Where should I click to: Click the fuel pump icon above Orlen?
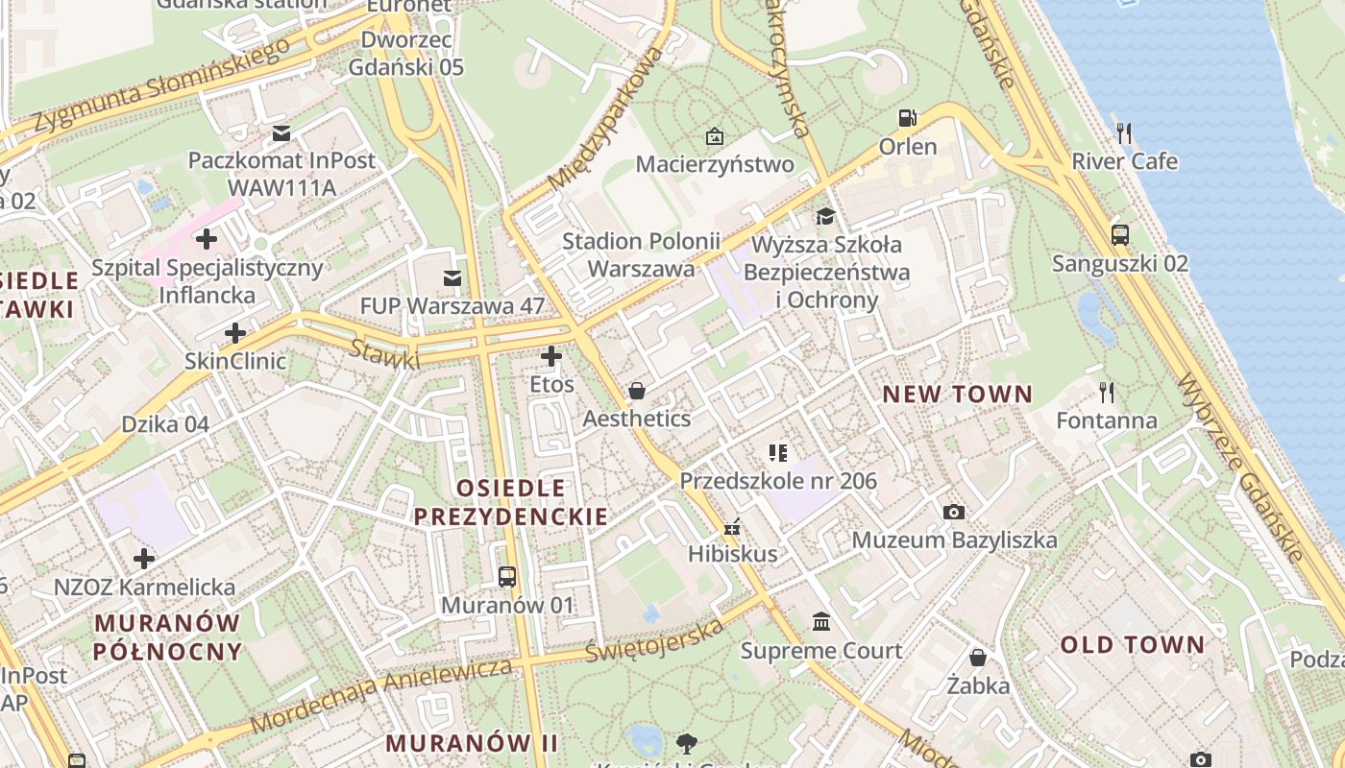coord(907,118)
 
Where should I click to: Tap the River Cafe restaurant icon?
coord(1125,132)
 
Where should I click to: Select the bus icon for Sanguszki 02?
coord(1120,234)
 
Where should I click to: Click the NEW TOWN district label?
coord(957,394)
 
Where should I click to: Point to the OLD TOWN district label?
coord(1132,644)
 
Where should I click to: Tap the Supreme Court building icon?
coord(821,622)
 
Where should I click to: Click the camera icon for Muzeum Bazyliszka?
coord(953,512)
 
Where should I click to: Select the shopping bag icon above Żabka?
coord(978,658)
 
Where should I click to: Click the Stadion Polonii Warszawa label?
coord(641,254)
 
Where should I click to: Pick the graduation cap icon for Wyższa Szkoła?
coord(825,215)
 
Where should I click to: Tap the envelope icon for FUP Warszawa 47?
coord(452,277)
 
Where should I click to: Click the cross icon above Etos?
coord(551,357)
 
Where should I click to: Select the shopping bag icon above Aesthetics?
coord(636,391)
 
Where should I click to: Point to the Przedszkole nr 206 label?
coord(778,480)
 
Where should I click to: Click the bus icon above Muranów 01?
coord(507,577)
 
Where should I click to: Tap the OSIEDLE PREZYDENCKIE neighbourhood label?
coord(511,502)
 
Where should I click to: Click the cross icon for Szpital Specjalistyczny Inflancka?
coord(207,239)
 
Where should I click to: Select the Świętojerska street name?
coord(653,641)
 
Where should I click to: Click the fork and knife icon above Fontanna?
coord(1107,392)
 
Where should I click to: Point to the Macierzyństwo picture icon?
coord(714,136)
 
